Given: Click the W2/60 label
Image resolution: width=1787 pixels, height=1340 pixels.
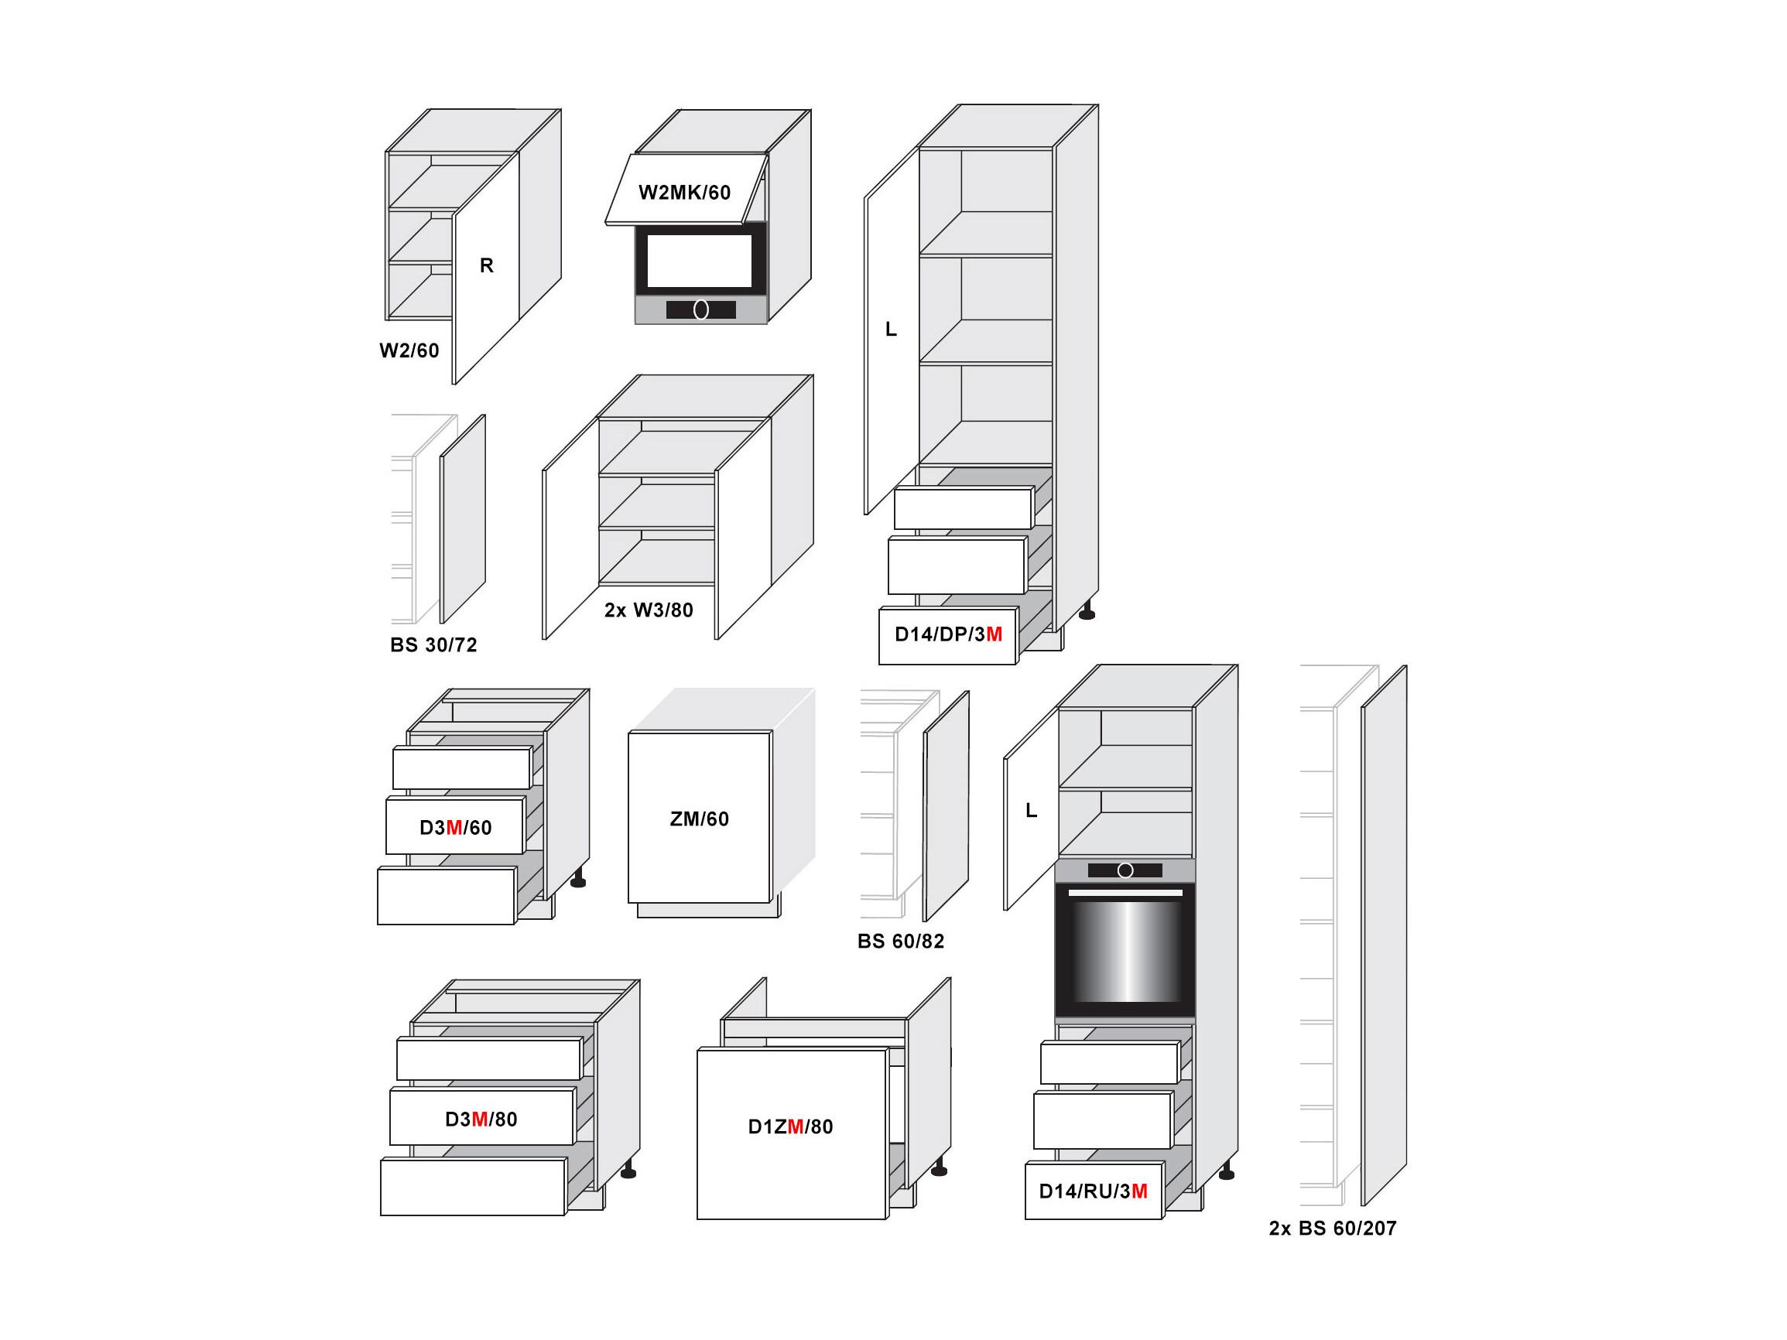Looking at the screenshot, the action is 409,350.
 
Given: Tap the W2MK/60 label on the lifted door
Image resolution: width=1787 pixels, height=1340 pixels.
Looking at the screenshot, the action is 684,192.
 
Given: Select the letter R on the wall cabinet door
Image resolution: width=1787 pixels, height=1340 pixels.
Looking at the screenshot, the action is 486,265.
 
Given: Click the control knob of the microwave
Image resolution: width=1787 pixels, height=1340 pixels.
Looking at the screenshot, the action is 701,309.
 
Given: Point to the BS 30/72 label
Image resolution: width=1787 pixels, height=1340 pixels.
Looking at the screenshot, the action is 434,645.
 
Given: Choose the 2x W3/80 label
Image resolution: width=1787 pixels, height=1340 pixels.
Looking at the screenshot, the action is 649,610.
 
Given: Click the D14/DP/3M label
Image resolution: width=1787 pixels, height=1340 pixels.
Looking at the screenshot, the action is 948,634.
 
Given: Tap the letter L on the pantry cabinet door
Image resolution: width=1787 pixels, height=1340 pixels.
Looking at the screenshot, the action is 891,330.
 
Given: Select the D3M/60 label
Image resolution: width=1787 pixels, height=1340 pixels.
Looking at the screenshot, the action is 456,827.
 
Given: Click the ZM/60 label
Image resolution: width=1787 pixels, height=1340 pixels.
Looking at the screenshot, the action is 700,819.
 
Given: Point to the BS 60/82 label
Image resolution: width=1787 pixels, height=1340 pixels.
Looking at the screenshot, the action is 901,941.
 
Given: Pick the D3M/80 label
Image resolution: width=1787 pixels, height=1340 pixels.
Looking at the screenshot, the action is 481,1119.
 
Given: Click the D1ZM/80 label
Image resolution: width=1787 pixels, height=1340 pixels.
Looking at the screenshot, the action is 791,1126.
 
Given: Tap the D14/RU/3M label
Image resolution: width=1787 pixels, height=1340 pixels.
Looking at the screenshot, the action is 1093,1191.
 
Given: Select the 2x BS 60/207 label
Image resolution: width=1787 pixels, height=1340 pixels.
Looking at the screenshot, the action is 1333,1228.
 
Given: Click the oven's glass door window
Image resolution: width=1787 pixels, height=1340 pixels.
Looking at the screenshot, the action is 1125,951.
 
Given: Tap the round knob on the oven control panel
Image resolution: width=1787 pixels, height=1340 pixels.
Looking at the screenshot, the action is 1125,870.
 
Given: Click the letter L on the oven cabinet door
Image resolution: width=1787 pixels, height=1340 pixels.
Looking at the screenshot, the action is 1032,810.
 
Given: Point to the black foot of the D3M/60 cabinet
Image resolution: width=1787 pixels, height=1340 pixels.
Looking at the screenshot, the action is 578,880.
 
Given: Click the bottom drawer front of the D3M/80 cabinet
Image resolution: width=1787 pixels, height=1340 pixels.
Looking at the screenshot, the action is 474,1187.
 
